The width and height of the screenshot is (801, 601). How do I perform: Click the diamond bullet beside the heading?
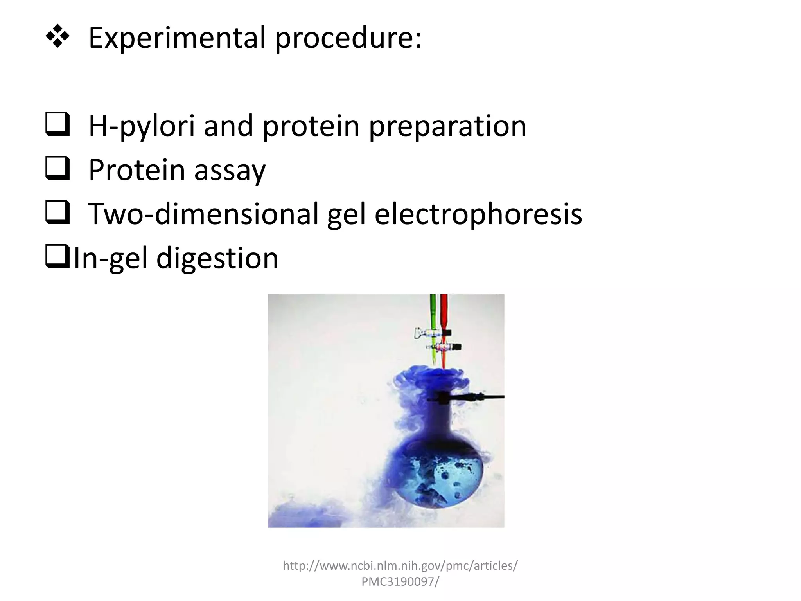coord(57,36)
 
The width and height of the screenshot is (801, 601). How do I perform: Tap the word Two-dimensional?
coord(203,214)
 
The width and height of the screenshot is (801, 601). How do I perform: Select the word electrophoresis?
coord(478,214)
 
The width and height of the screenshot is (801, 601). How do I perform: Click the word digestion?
coord(217,259)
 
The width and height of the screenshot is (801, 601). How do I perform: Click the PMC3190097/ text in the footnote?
coord(400,581)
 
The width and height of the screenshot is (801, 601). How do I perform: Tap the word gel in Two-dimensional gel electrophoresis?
coord(346,214)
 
